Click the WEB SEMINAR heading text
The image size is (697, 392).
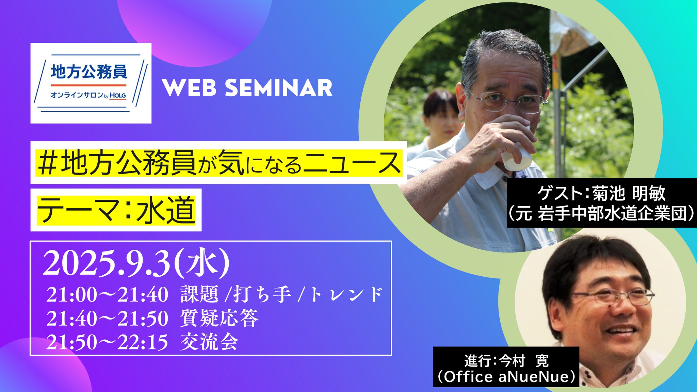tap(247, 88)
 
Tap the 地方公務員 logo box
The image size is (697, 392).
tap(91, 83)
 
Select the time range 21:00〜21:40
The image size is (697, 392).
tap(107, 295)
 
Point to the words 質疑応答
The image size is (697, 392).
tap(219, 318)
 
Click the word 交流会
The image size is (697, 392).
tap(209, 342)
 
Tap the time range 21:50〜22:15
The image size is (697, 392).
tap(107, 342)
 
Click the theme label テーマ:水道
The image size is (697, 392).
tap(116, 210)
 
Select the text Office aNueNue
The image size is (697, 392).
tap(506, 377)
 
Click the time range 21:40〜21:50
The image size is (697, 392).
tap(107, 318)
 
